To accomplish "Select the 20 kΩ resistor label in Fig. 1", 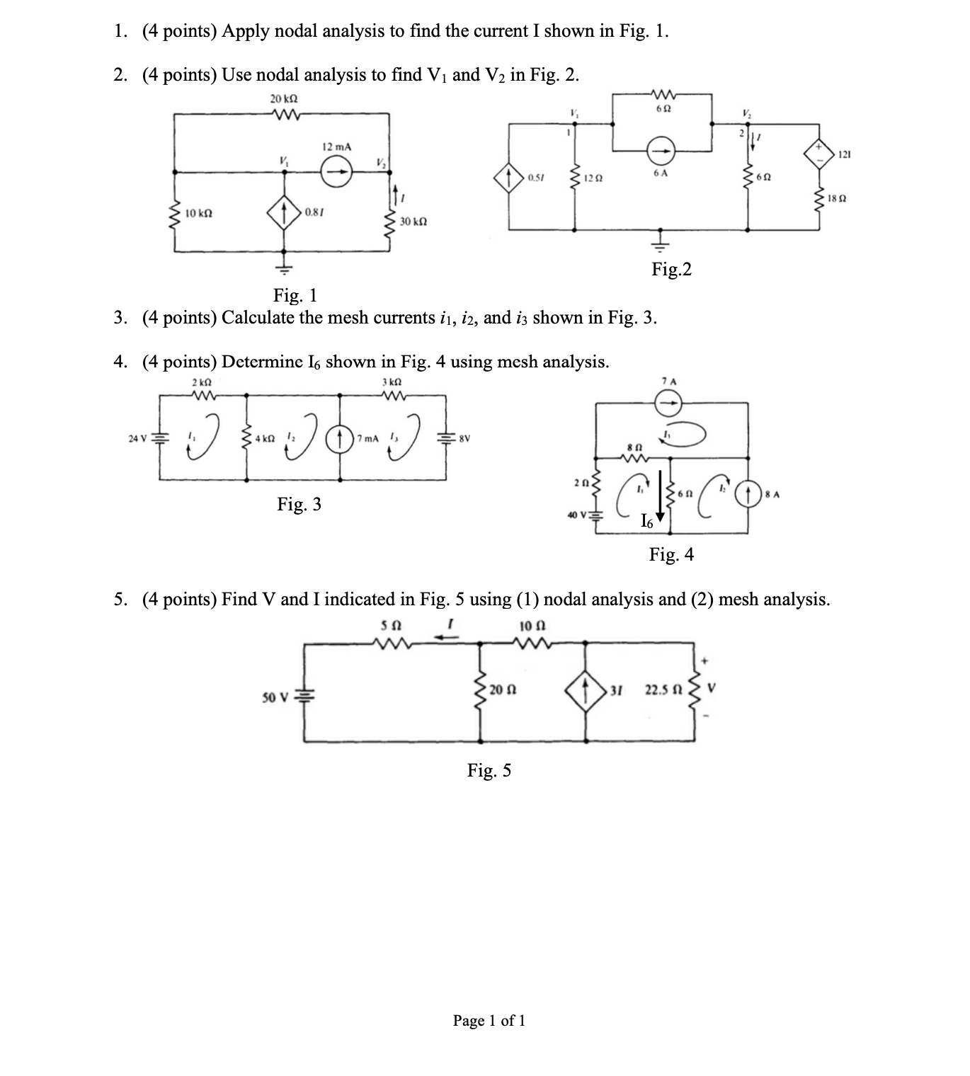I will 284,98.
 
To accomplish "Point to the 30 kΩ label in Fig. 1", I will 413,222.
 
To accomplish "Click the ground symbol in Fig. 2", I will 661,244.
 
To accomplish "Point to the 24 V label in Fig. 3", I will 138,438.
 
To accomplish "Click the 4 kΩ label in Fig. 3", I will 266,438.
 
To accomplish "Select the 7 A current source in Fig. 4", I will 667,404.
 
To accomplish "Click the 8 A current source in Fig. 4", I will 748,493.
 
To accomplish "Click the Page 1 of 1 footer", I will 489,1020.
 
